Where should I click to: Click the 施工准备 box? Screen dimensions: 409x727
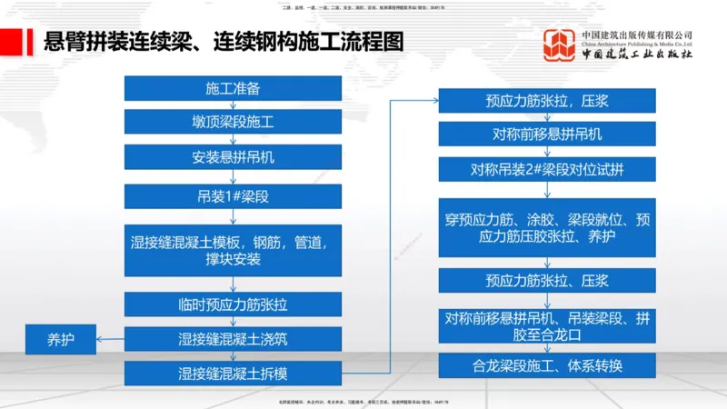click(233, 89)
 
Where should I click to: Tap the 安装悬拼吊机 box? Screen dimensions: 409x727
click(233, 156)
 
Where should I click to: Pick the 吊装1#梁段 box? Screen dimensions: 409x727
click(233, 196)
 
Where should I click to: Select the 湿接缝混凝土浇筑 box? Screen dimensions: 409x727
click(233, 339)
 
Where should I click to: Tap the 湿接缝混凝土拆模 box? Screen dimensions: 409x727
click(233, 373)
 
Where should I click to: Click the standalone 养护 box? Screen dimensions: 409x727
click(61, 340)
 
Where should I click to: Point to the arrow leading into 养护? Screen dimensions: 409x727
click(111, 340)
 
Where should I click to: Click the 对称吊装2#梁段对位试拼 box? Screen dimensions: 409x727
click(547, 169)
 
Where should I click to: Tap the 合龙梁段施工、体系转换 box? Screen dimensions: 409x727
click(547, 366)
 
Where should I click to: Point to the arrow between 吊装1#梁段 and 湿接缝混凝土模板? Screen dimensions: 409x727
click(233, 216)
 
